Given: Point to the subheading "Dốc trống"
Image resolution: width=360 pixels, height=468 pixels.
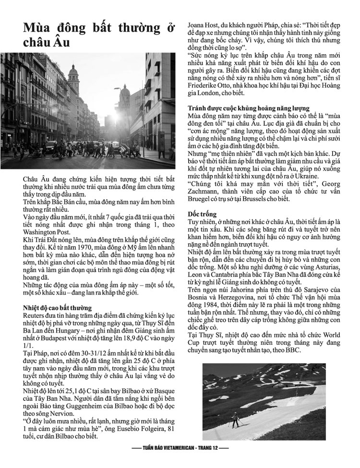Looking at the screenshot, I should [x=203, y=214].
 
